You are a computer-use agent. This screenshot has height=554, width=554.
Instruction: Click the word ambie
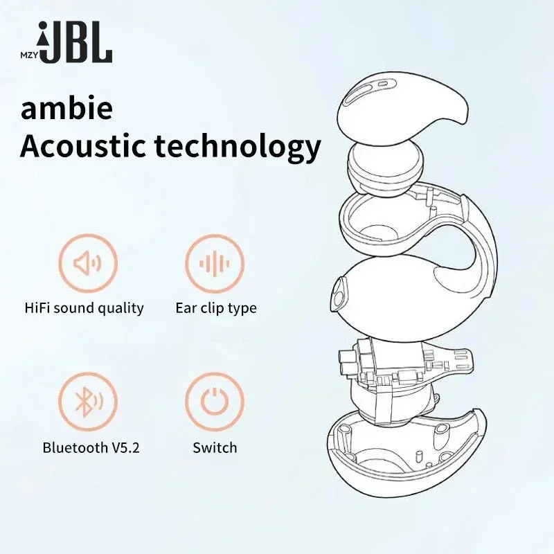click(66, 110)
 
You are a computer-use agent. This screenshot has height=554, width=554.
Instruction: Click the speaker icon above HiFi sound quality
click(88, 263)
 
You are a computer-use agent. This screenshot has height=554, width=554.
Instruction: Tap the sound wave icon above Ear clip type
click(215, 263)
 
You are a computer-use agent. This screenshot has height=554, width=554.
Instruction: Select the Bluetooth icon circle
click(88, 402)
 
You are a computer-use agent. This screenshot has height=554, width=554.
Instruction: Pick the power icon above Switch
click(215, 402)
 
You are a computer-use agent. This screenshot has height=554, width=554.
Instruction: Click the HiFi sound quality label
click(84, 307)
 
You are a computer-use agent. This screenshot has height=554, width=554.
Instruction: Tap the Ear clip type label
click(215, 307)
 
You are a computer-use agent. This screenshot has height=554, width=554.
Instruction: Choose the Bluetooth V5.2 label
click(91, 447)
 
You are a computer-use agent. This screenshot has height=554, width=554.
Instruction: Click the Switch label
click(215, 447)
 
